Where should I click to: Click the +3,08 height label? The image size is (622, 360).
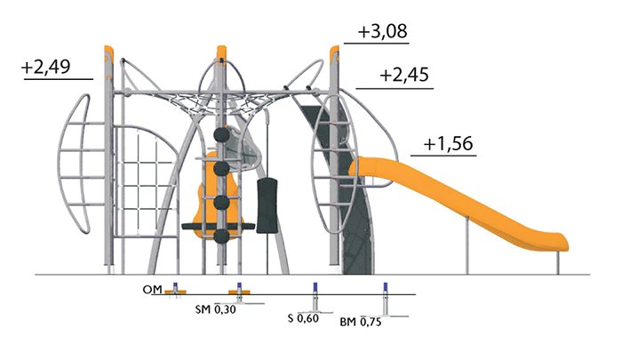[382, 31]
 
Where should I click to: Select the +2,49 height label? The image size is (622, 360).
[46, 67]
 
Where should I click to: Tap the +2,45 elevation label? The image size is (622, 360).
[404, 75]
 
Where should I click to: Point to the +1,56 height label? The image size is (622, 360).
[448, 143]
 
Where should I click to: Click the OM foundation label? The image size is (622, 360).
[152, 290]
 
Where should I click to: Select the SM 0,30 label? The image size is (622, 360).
[215, 309]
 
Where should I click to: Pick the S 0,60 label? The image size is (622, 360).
[303, 318]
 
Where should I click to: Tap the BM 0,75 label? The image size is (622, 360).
[361, 322]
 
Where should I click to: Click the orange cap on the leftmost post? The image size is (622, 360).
[108, 53]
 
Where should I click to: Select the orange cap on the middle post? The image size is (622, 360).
[222, 52]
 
